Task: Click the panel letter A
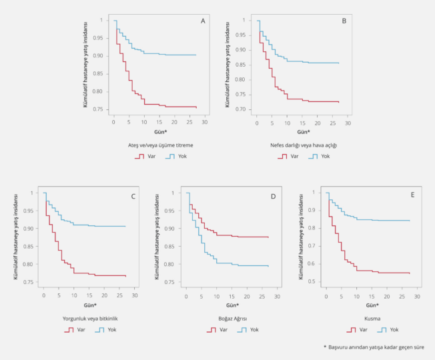[203, 21]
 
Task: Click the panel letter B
[344, 21]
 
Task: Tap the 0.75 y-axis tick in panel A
[103, 109]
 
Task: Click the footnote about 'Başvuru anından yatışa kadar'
[374, 347]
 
